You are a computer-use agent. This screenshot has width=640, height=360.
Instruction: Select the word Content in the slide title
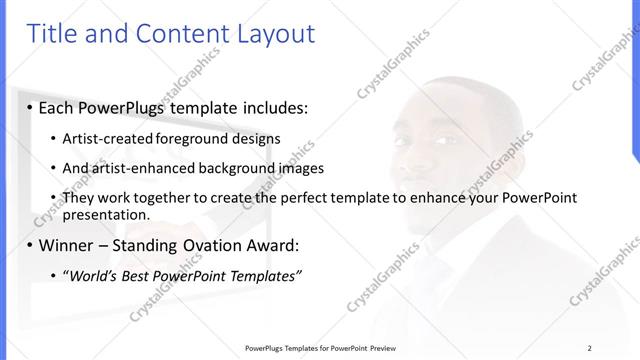click(174, 34)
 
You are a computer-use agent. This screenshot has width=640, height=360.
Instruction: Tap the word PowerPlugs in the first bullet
click(126, 106)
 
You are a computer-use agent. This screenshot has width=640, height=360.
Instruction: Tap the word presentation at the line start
click(106, 214)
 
